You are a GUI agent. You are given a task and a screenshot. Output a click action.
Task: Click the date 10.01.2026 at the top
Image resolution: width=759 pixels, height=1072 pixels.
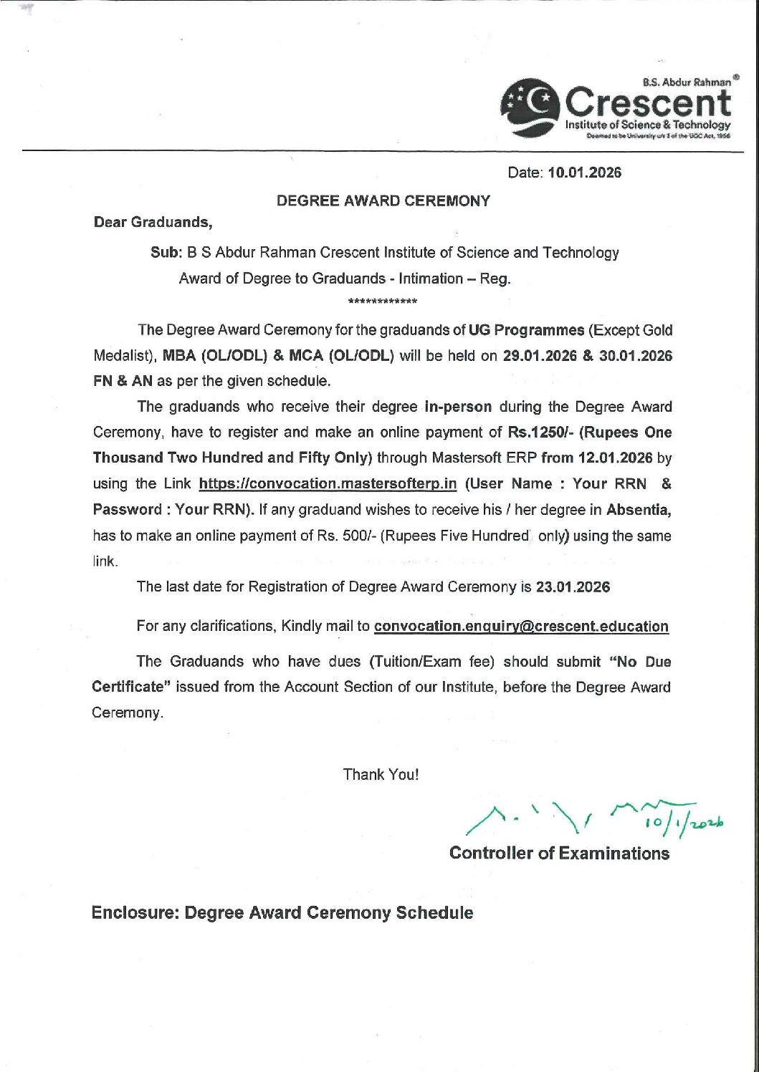tap(584, 173)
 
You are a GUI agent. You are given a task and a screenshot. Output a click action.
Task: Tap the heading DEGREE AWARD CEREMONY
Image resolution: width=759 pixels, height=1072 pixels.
tap(383, 201)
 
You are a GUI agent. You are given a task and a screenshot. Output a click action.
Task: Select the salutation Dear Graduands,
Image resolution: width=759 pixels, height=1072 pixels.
tap(153, 222)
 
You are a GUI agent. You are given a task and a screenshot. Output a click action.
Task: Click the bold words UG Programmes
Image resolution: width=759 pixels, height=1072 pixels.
tap(526, 330)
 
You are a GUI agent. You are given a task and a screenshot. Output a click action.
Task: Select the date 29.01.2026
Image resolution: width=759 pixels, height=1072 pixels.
tap(540, 356)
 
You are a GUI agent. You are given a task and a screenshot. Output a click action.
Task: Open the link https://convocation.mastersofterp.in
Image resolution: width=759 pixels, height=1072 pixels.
tap(328, 484)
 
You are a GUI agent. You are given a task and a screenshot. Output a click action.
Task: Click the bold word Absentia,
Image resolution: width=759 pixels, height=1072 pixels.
tap(639, 510)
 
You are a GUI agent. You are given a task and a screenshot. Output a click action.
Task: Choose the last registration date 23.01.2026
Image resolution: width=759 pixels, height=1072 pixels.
tap(573, 587)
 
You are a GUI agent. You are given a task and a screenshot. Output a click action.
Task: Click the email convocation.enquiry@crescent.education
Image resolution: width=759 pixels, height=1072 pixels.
tap(521, 627)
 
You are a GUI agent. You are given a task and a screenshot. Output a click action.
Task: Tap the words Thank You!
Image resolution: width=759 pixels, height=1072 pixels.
tap(381, 774)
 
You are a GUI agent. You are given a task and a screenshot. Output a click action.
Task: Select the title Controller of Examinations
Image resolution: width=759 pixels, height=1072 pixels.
tap(559, 853)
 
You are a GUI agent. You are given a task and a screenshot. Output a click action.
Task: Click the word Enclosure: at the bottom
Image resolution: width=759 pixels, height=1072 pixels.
tap(135, 913)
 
